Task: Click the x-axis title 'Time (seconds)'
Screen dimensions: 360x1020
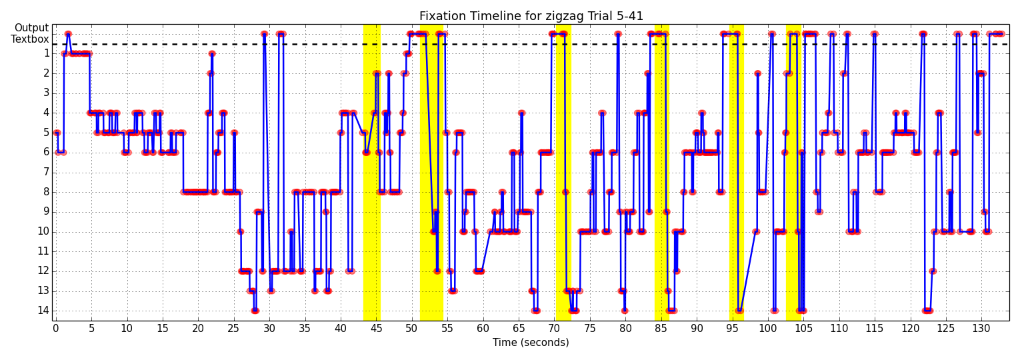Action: click(x=531, y=343)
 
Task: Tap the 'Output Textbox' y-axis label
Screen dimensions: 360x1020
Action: click(x=30, y=34)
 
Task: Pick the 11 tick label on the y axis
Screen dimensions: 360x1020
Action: click(x=43, y=251)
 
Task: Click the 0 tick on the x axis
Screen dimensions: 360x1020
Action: click(x=56, y=329)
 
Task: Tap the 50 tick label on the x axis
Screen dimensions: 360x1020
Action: click(x=411, y=329)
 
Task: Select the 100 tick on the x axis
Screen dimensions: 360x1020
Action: click(x=768, y=329)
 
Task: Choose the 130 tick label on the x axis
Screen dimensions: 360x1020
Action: click(x=981, y=329)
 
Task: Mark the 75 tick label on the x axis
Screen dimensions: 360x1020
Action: click(x=590, y=329)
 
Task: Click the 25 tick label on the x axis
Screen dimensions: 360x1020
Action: click(x=233, y=329)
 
